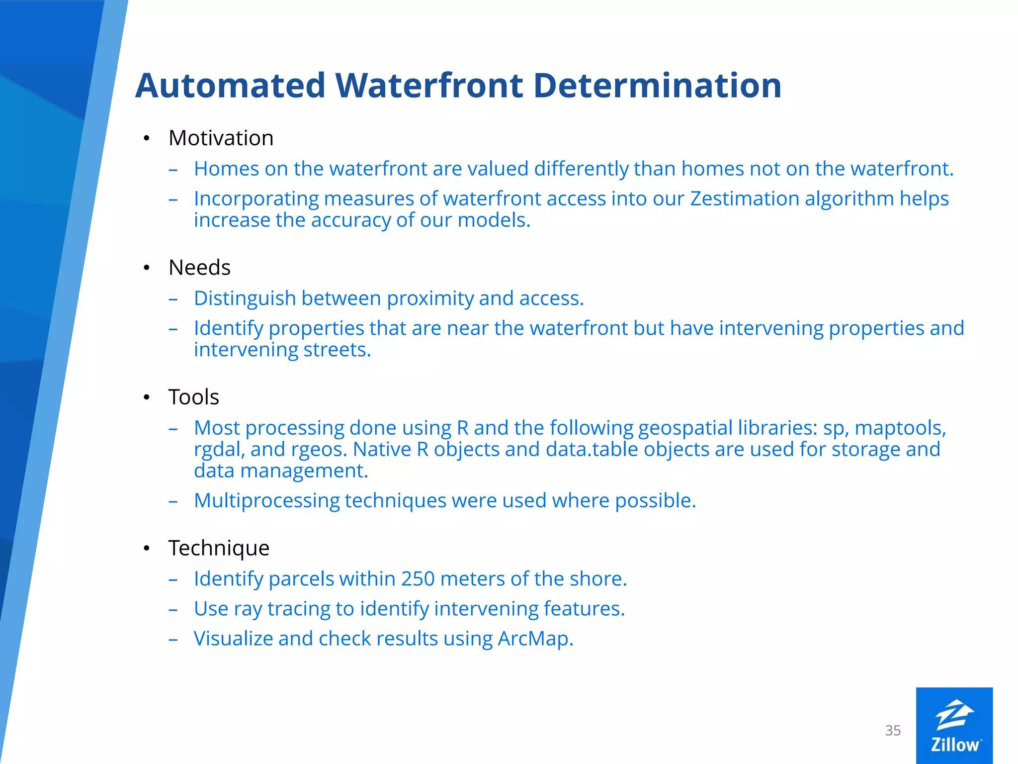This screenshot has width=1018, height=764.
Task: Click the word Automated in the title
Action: (230, 86)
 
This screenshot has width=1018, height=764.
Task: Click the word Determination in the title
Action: (657, 86)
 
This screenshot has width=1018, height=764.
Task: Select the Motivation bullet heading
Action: (221, 138)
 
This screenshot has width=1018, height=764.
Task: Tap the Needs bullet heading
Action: (199, 268)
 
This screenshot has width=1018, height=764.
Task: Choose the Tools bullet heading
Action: (193, 397)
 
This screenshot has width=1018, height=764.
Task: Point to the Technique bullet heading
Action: (219, 548)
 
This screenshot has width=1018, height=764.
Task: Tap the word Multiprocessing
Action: (266, 501)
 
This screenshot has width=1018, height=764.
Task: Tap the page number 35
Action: (893, 731)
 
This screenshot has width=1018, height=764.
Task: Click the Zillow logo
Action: (954, 726)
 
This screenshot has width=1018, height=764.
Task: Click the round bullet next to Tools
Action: (146, 397)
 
